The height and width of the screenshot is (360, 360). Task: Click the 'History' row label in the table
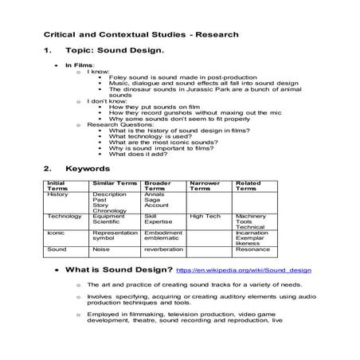click(x=57, y=194)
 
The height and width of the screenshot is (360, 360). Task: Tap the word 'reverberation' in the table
click(x=164, y=248)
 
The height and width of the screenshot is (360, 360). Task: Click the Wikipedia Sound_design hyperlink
click(x=244, y=271)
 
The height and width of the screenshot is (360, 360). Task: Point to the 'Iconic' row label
click(x=57, y=232)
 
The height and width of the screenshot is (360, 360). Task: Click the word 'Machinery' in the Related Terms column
click(x=252, y=215)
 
